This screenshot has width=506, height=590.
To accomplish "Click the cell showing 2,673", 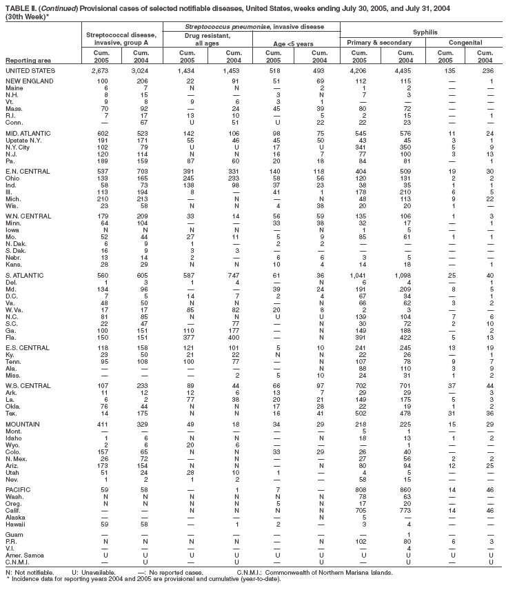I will [x=100, y=71].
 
